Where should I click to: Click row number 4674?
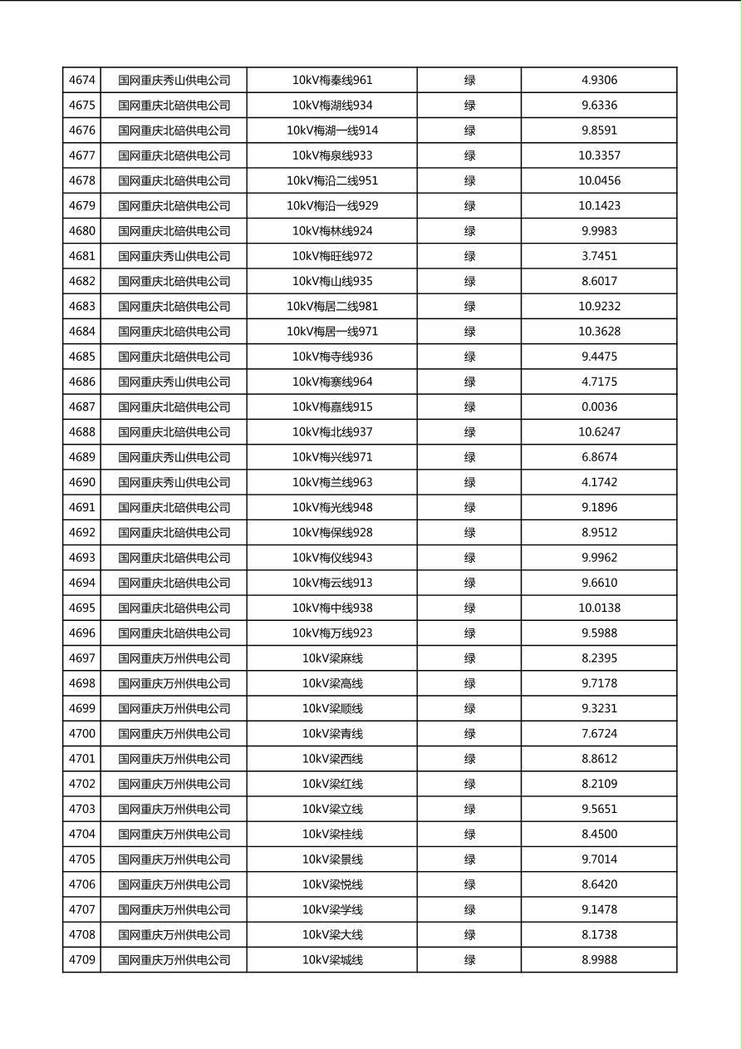pos(82,81)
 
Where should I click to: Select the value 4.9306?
pos(599,81)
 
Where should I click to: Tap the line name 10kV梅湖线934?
pos(332,106)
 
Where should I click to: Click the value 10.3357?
pos(599,155)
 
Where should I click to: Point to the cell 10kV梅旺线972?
pos(332,256)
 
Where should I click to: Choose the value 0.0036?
pos(599,406)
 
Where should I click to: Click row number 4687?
pos(82,406)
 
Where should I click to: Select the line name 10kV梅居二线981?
pos(332,306)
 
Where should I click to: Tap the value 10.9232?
pos(599,306)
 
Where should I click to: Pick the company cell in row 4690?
pos(174,482)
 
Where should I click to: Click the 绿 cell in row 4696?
pos(469,633)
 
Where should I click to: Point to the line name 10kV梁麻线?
pos(332,658)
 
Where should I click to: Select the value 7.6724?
pos(599,733)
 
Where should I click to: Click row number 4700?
pos(82,733)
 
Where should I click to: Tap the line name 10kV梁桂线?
pos(332,834)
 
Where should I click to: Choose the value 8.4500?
pos(599,834)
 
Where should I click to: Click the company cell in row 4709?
pos(174,960)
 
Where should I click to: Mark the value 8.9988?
pos(599,960)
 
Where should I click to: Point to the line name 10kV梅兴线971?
pos(332,457)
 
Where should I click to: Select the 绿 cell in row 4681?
pos(469,256)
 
